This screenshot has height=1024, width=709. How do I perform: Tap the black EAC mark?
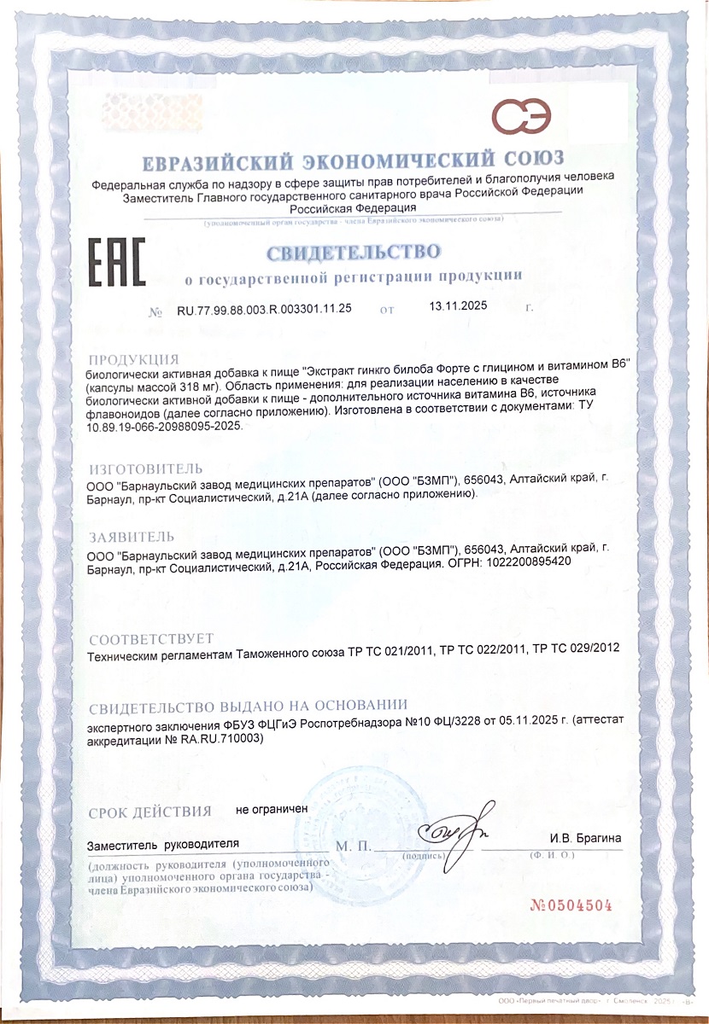(x=116, y=263)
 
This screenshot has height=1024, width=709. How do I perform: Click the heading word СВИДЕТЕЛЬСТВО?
(x=353, y=253)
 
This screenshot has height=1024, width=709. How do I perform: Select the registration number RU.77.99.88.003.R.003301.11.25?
(x=264, y=309)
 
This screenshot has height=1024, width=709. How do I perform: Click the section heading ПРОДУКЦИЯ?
(x=134, y=358)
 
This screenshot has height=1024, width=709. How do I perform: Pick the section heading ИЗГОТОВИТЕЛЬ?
(x=146, y=468)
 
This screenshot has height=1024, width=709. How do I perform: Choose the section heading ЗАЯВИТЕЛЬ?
(x=132, y=537)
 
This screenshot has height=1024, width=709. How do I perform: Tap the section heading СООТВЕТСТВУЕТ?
(x=151, y=639)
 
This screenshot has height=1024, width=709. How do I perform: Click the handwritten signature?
(x=453, y=829)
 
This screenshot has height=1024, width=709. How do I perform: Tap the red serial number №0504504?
(x=571, y=905)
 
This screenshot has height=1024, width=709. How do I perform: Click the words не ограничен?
(x=272, y=807)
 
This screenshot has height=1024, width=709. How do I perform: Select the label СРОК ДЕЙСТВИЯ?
(x=149, y=812)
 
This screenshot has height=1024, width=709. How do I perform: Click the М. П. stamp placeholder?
(x=354, y=847)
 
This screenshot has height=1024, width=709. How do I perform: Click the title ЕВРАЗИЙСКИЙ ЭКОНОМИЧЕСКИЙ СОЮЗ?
(x=353, y=160)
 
